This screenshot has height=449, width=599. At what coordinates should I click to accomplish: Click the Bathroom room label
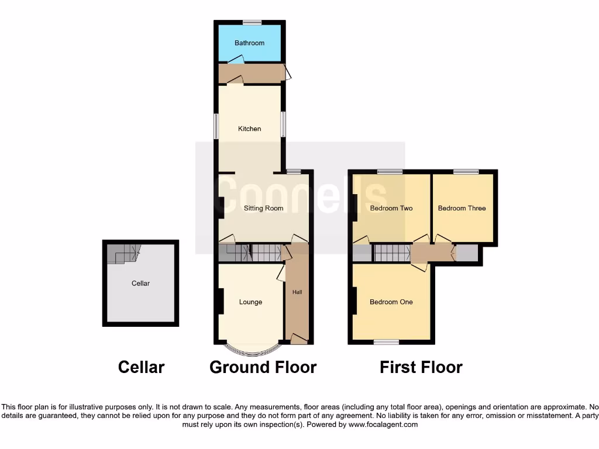249,43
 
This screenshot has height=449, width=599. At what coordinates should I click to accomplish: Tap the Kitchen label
249,129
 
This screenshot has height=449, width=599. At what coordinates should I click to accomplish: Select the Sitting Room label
263,208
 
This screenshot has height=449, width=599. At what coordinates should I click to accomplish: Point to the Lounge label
250,302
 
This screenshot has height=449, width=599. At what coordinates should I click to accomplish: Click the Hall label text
297,292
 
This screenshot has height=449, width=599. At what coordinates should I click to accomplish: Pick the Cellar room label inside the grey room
140,283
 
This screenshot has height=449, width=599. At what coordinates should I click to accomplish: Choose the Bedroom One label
391,302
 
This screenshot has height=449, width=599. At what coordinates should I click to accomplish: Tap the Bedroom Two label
391,208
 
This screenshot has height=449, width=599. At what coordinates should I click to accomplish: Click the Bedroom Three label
462,208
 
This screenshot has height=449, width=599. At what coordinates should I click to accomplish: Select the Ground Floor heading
263,367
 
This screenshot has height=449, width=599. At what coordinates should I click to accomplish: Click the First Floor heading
421,367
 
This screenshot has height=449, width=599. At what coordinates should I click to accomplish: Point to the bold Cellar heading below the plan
141,367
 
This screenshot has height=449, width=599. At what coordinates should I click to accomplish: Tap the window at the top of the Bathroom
252,23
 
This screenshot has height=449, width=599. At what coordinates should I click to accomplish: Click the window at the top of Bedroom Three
466,172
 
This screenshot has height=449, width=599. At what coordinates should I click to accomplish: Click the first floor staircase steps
391,253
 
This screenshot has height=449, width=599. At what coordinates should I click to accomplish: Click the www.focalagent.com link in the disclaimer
383,425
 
